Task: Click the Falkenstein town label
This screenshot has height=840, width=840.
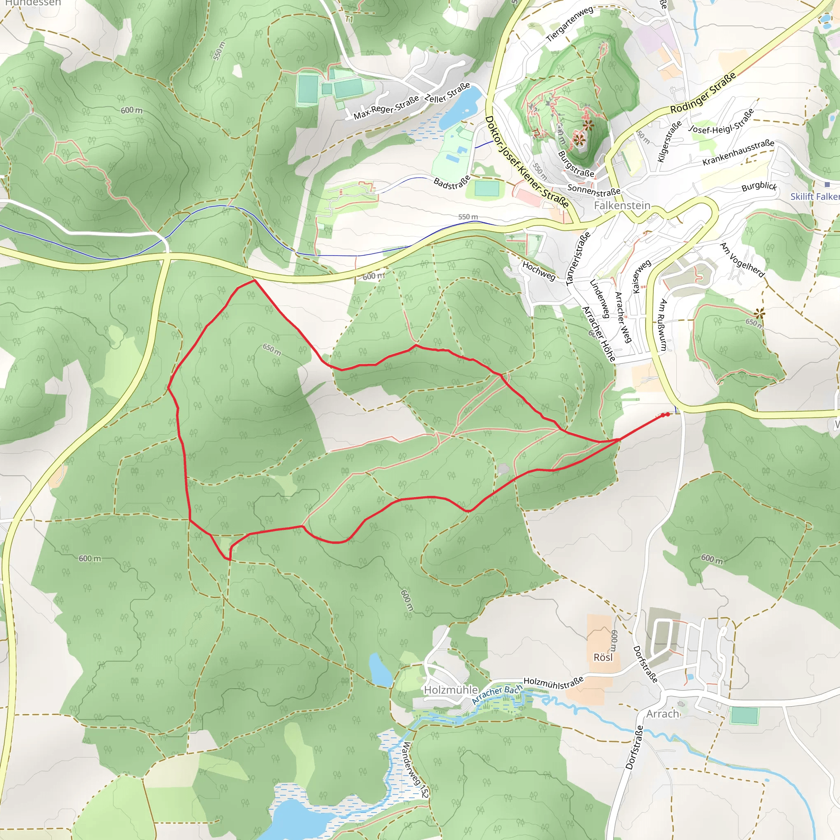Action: click(622, 205)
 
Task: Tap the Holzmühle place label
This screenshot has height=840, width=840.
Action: click(451, 690)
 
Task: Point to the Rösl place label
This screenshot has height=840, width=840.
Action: click(603, 657)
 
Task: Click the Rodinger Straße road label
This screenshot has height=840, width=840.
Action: click(703, 93)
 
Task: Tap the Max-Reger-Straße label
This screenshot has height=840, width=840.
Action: click(386, 107)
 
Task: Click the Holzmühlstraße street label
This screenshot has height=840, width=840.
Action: click(553, 683)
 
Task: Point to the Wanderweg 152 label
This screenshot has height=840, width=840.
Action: click(414, 769)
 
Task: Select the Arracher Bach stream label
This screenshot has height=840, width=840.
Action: click(497, 695)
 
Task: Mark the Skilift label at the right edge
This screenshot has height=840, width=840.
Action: click(814, 196)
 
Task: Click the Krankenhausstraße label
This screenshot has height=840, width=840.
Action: click(738, 153)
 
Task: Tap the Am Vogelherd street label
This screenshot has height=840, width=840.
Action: click(742, 260)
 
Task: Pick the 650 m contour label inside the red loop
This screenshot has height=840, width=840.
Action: click(272, 349)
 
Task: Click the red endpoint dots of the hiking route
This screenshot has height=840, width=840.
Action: click(665, 415)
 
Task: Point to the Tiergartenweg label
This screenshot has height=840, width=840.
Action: click(570, 24)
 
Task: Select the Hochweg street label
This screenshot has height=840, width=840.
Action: click(539, 271)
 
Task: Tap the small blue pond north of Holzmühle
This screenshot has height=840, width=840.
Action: click(380, 669)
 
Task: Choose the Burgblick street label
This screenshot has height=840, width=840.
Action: click(759, 187)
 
